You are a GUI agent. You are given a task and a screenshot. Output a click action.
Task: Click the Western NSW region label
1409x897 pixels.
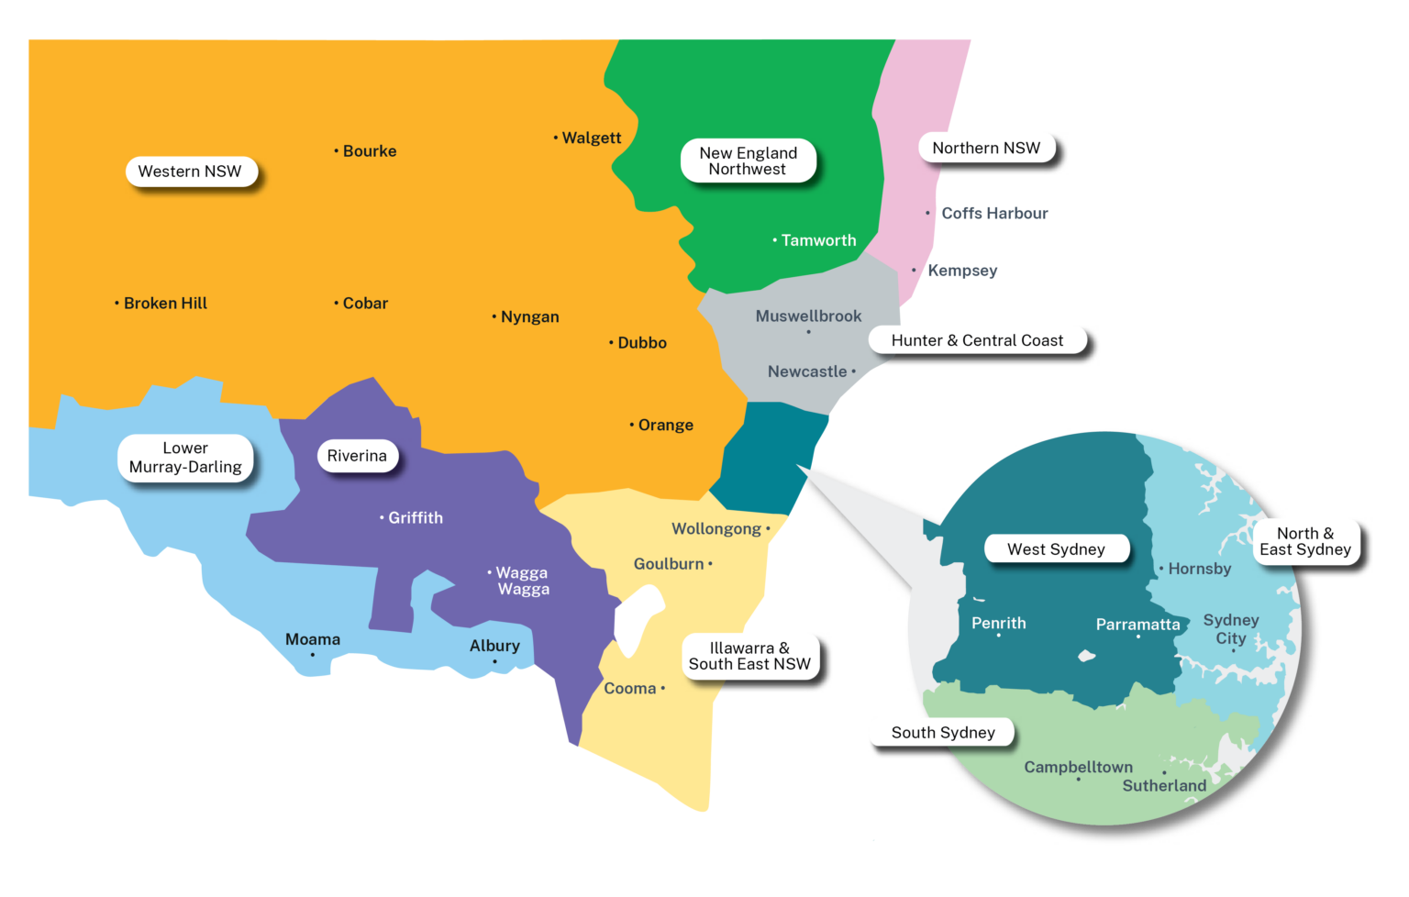click(190, 172)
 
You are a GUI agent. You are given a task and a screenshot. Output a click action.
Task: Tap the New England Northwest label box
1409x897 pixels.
click(748, 161)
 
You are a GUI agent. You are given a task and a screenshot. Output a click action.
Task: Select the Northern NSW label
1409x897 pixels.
click(986, 148)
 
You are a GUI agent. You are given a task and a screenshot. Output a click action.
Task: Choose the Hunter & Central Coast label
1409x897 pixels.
click(977, 340)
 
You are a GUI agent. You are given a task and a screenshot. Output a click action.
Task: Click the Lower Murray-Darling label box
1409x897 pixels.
click(185, 458)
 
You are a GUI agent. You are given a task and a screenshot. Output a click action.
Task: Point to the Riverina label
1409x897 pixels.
click(357, 456)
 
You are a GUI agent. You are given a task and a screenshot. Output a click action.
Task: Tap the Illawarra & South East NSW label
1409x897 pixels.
click(749, 656)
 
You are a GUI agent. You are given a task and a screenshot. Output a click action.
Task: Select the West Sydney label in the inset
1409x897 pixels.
click(1056, 549)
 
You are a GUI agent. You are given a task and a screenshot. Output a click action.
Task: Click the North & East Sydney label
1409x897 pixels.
click(1305, 541)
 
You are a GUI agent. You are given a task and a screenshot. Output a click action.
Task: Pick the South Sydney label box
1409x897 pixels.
click(943, 732)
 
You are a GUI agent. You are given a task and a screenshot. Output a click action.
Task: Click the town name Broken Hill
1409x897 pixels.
click(165, 304)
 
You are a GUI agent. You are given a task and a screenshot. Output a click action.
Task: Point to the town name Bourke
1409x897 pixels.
click(370, 151)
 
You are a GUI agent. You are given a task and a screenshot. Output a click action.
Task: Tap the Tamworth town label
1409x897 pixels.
click(818, 240)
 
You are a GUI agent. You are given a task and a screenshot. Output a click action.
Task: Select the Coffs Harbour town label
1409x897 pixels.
click(994, 213)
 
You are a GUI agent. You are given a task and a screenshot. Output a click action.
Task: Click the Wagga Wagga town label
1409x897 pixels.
click(523, 581)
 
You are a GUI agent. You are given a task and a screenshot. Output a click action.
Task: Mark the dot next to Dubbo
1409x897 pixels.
click(611, 343)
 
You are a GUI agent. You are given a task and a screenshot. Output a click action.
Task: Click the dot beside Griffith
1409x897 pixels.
click(382, 518)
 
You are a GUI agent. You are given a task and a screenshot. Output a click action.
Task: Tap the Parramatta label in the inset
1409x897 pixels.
click(1137, 625)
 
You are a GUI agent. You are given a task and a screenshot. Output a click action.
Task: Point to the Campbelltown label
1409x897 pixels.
click(1078, 767)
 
